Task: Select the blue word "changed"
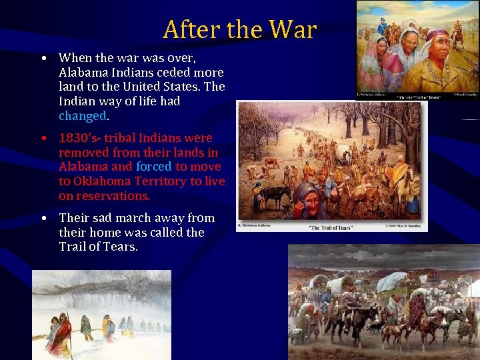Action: (x=82, y=115)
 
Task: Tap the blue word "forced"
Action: (x=153, y=167)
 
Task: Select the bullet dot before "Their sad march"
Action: (x=43, y=218)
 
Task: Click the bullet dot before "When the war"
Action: (x=43, y=57)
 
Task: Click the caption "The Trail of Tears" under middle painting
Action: (x=331, y=227)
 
